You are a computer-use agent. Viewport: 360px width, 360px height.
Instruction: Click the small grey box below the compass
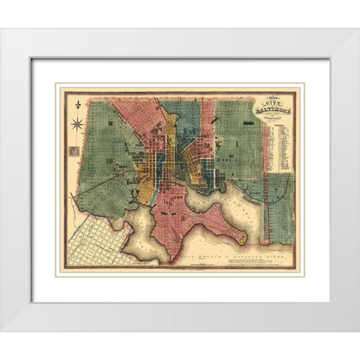(73, 150)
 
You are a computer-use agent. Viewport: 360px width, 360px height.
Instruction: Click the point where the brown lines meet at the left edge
(73, 196)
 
